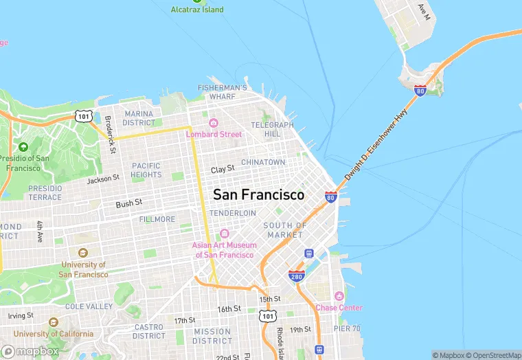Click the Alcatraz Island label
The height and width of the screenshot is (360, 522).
pos(197,10)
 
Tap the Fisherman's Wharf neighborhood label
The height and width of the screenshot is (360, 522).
pos(222,92)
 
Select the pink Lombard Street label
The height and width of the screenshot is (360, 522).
pos(214,134)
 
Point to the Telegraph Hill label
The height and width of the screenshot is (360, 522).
pos(272,129)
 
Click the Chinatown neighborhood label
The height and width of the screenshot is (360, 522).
pos(262,162)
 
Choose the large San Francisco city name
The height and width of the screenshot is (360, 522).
pos(258,194)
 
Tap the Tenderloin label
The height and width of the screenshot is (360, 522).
pos(232,214)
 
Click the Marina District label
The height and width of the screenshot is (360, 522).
pos(139,118)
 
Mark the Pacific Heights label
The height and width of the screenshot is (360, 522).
pos(146,170)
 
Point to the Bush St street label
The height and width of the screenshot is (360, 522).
pos(129,203)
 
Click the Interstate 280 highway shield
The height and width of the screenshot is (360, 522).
pos(297,275)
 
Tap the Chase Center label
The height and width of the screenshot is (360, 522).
pos(339,307)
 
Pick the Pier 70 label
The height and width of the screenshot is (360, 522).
pos(348,328)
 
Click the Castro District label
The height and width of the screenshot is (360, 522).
pos(149,331)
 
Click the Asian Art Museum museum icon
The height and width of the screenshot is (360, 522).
pos(225,235)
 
